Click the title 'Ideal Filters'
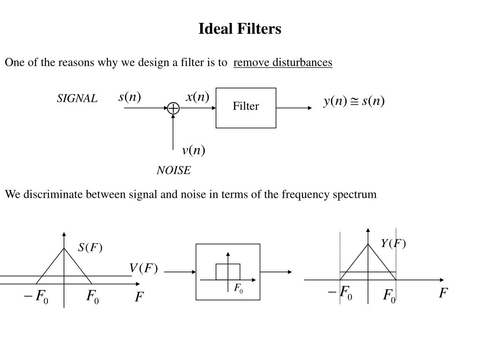[240, 29]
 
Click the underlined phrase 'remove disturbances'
[283, 62]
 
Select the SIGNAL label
[77, 98]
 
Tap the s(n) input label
[130, 97]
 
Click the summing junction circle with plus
[173, 108]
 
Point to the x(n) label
[197, 97]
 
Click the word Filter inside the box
[246, 106]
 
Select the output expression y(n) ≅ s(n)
[354, 101]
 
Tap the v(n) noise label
[194, 150]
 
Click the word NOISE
[173, 170]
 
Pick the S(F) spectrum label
[90, 247]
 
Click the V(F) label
[143, 268]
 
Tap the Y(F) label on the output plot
[393, 243]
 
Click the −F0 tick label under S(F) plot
[36, 296]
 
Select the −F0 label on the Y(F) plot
[340, 292]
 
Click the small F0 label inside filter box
[239, 288]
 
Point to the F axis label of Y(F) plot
[443, 293]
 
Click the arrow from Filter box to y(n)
[294, 108]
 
